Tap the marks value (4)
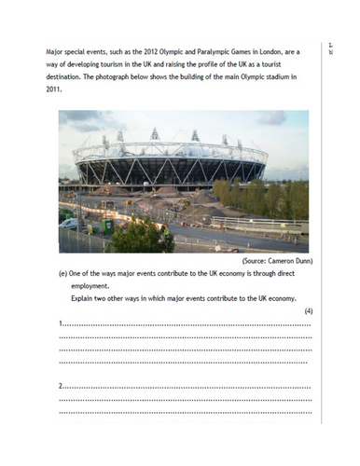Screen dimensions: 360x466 click(308, 310)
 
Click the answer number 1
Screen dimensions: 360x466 click(61, 323)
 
